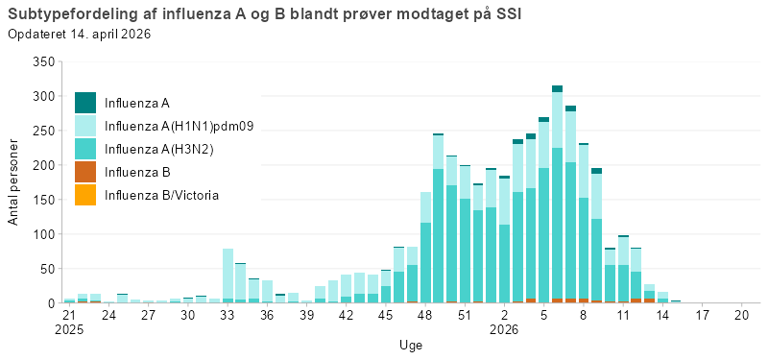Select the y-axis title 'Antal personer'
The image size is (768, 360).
click(13, 181)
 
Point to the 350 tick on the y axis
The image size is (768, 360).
click(41, 61)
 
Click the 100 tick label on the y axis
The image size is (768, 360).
click(41, 234)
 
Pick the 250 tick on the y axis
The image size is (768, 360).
click(41, 131)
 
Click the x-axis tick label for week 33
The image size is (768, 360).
click(228, 315)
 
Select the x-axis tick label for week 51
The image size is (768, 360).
click(465, 315)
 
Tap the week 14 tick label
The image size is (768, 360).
click(662, 315)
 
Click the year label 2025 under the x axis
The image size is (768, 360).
click(69, 329)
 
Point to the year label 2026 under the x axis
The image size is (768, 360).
click(504, 329)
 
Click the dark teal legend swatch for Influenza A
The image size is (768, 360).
click(85, 102)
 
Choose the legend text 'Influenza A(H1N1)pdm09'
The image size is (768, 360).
click(179, 126)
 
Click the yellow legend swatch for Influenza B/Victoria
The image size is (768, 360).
click(85, 195)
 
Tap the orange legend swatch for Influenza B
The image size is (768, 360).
click(85, 172)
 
